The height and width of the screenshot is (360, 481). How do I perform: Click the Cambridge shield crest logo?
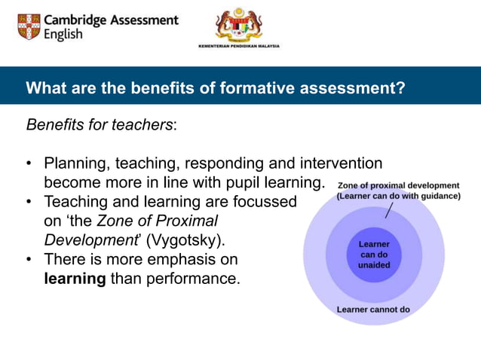pyautogui.click(x=29, y=26)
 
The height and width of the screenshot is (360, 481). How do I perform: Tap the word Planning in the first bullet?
pyautogui.click(x=74, y=163)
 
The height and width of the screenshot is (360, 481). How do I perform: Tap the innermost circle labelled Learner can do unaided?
pyautogui.click(x=374, y=255)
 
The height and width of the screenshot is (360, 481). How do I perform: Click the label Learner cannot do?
pyautogui.click(x=373, y=309)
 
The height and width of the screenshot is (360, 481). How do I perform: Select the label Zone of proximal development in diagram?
pyautogui.click(x=398, y=185)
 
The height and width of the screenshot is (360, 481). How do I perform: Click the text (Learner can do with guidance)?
pyautogui.click(x=398, y=196)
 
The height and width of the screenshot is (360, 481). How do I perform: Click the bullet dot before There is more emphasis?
pyautogui.click(x=29, y=260)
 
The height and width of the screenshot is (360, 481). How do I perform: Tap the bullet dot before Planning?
pyautogui.click(x=29, y=163)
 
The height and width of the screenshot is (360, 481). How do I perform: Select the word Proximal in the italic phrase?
pyautogui.click(x=188, y=221)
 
